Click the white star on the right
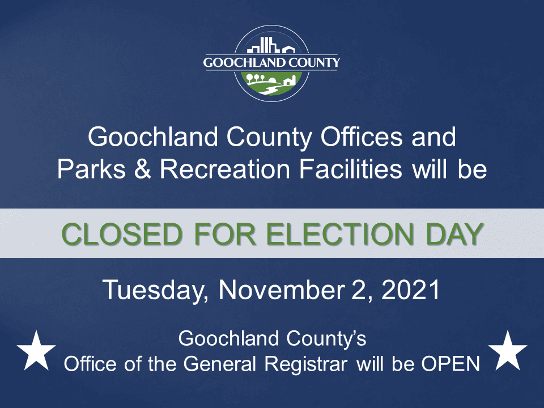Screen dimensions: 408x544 point(508,349)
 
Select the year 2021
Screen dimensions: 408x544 point(411,290)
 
